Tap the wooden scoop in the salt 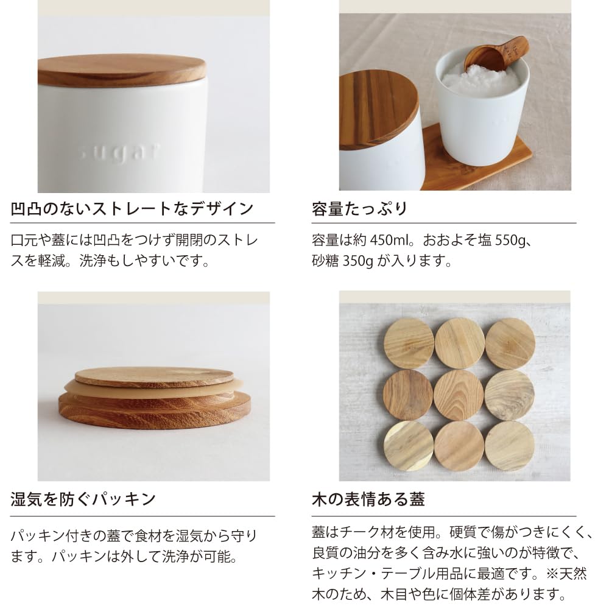(x=495, y=56)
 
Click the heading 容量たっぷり (x=359, y=209)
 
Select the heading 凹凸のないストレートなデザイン (x=132, y=209)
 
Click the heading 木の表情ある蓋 (x=367, y=500)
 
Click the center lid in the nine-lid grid (x=459, y=395)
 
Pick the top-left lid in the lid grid (x=409, y=343)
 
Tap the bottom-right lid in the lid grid (x=509, y=446)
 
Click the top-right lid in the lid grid (x=510, y=343)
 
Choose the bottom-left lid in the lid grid (x=409, y=446)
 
